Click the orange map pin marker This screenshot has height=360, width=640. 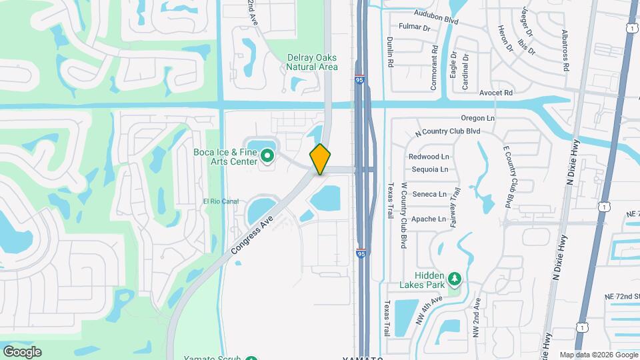click(320, 159)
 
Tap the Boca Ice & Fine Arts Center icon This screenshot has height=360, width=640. click(267, 157)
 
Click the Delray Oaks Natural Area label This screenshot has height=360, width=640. click(312, 62)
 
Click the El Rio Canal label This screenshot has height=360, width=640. click(221, 201)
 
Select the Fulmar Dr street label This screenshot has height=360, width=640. click(414, 27)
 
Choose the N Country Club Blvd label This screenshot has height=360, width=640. click(447, 131)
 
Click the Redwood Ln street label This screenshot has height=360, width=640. click(428, 157)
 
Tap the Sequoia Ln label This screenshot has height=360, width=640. click(429, 169)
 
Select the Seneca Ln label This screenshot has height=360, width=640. click(429, 194)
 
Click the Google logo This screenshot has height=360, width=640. click(22, 351)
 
